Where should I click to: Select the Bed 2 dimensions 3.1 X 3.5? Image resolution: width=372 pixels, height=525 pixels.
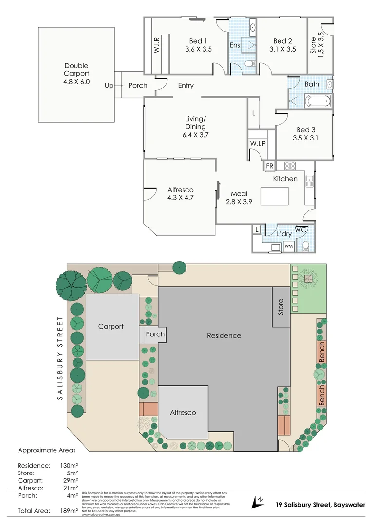(x=282, y=49)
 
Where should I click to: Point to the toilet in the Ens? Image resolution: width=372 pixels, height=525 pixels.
(x=249, y=63)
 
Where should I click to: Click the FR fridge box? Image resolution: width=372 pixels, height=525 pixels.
(x=269, y=166)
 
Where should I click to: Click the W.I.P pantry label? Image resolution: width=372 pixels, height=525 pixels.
(x=257, y=144)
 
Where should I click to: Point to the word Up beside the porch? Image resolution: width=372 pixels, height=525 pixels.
(x=109, y=86)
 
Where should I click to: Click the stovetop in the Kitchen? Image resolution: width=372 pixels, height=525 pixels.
(x=290, y=166)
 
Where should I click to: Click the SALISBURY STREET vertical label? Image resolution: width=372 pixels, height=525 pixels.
(x=60, y=358)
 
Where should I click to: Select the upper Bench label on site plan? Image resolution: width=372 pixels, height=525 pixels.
(x=322, y=351)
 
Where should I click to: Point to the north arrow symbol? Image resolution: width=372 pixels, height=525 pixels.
(x=258, y=501)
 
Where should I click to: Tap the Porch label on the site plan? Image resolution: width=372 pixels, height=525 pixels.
(x=155, y=334)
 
